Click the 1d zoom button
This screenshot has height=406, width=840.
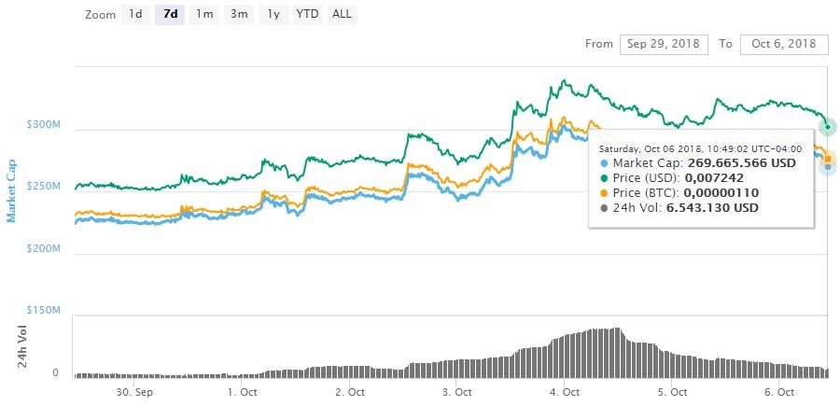(x=135, y=15)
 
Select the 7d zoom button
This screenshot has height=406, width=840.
(x=170, y=15)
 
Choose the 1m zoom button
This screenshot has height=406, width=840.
(x=203, y=15)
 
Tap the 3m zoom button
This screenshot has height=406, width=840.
(x=238, y=15)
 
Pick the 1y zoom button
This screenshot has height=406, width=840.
(x=273, y=15)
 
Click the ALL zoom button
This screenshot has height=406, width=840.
(x=342, y=15)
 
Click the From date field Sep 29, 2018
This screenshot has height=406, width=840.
(x=664, y=44)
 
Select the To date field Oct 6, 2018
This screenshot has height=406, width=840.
(x=783, y=44)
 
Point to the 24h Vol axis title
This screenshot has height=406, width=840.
(x=22, y=344)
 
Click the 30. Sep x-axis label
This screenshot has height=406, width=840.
(x=134, y=392)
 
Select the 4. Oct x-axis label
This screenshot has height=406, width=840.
(x=565, y=392)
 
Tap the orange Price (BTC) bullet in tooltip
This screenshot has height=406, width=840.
(x=602, y=192)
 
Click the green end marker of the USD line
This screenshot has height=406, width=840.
(x=826, y=126)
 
